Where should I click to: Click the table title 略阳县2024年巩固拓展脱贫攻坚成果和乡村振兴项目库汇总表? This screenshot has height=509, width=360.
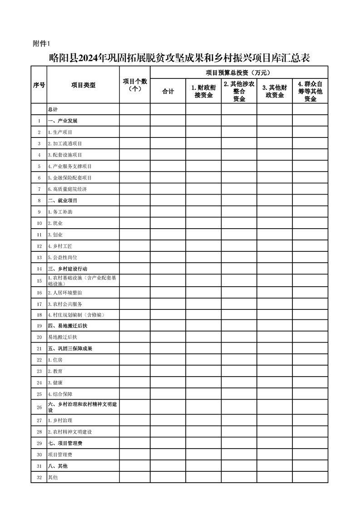tap(179, 58)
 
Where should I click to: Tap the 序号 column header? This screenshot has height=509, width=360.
tap(39, 85)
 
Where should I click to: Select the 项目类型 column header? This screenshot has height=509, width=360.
tap(83, 85)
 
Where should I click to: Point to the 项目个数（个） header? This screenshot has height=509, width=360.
tap(135, 85)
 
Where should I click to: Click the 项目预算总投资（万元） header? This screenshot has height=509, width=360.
tap(239, 72)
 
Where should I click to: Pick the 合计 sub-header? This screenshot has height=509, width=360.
tap(168, 92)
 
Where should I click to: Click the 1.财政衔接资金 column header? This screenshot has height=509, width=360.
tap(203, 92)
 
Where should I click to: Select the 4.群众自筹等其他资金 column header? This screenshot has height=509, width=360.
tap(310, 91)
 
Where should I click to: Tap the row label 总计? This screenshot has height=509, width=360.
tap(53, 110)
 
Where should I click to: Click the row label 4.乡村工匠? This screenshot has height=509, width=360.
tap(60, 246)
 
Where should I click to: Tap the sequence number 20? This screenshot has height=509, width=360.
tap(39, 337)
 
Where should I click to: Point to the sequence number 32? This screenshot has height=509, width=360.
tap(39, 477)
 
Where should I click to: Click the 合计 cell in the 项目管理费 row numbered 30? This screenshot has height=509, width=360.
tap(168, 455)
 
